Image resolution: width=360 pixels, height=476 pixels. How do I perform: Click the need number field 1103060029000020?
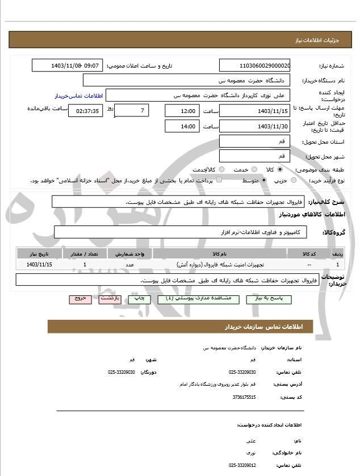pos(254,65)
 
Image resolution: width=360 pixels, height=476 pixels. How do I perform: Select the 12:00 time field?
pos(182,111)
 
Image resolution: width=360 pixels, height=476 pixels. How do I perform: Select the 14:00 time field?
pos(182,126)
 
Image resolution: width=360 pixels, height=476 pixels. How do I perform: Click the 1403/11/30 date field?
pos(254,126)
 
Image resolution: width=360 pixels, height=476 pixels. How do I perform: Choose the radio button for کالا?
pos(280,169)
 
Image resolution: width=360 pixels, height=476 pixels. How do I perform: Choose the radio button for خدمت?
pos(253,169)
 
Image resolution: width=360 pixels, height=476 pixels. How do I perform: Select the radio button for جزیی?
pos(294,181)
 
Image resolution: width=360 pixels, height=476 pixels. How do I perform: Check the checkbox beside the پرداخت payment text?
pos(219,181)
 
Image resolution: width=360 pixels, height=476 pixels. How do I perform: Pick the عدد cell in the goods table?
pos(129,265)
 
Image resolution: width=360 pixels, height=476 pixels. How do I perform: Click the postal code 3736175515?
pos(244,396)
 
